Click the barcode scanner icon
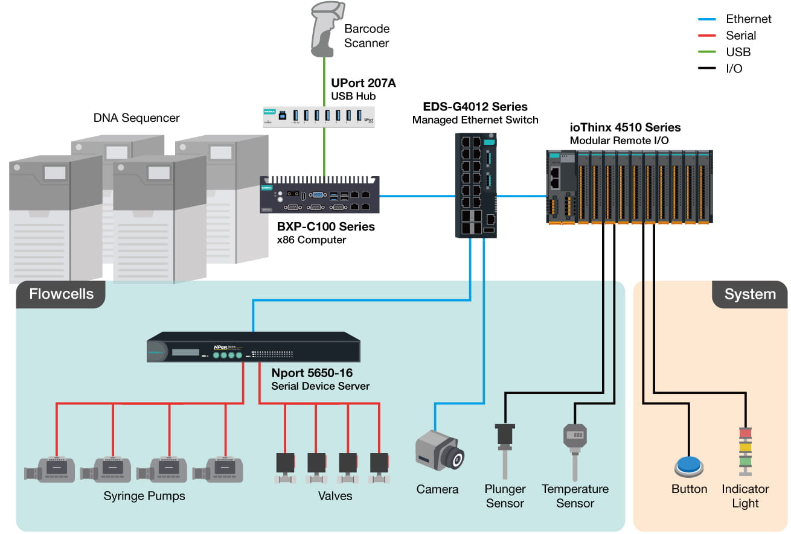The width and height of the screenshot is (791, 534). point(327,29)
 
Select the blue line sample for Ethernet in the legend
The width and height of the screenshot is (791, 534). point(706,19)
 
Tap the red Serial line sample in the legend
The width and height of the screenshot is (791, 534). point(706,36)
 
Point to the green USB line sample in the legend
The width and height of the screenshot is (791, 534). point(706,52)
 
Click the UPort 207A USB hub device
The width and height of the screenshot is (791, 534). point(319,116)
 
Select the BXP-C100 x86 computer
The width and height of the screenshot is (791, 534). point(319,194)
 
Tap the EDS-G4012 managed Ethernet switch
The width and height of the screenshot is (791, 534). point(476,185)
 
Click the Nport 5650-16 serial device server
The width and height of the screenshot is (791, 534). point(254,347)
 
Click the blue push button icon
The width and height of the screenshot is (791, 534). point(689,466)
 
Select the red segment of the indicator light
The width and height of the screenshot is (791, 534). point(746,433)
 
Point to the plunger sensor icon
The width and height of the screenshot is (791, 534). point(505,451)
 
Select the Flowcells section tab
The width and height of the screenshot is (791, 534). point(61,294)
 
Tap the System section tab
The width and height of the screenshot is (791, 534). point(750,294)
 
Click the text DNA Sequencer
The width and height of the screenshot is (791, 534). point(136,118)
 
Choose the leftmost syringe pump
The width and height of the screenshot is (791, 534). point(50,469)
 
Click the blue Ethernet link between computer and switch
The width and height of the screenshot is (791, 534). point(417,196)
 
